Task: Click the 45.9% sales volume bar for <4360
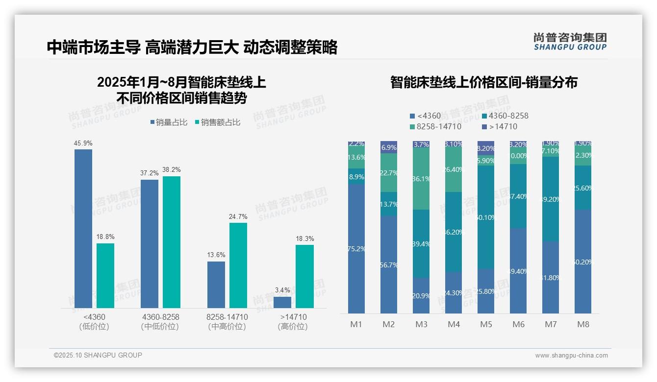point(83,228)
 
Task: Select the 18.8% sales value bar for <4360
point(105,275)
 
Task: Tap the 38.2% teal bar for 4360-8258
point(172,242)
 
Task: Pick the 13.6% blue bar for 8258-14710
point(216,285)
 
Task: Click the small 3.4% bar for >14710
point(282,302)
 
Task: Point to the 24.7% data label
point(238,216)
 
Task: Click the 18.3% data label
point(304,239)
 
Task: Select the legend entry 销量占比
point(169,122)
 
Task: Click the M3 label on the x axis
point(421,324)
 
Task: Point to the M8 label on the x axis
point(583,324)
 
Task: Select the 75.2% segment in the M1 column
point(356,249)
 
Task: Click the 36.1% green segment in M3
point(421,179)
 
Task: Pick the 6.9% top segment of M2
point(389,147)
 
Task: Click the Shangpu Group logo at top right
point(570,41)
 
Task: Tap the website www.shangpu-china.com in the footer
point(571,356)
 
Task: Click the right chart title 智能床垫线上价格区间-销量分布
point(483,82)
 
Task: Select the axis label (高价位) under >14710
point(293,327)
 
